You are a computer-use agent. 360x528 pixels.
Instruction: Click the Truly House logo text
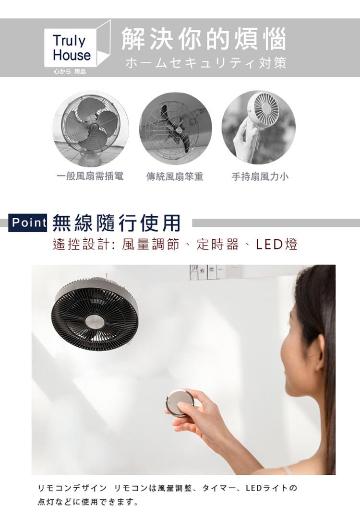tap(72, 48)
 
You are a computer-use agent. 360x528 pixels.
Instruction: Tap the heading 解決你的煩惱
tap(204, 39)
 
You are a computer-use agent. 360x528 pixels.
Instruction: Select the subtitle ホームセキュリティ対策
tap(205, 63)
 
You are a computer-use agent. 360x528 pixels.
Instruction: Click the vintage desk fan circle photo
tap(90, 129)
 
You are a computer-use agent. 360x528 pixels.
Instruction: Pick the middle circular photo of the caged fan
tap(176, 129)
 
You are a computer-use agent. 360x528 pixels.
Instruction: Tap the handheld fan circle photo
tap(259, 128)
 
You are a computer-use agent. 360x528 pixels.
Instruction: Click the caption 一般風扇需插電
tap(90, 176)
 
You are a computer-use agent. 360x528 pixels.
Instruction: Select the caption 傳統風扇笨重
tap(175, 176)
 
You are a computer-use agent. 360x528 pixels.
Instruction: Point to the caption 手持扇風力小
tap(260, 176)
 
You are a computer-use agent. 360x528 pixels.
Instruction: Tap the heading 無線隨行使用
tap(117, 223)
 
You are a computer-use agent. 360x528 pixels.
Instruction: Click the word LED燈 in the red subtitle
tap(276, 244)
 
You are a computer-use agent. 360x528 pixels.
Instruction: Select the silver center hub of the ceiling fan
tap(95, 321)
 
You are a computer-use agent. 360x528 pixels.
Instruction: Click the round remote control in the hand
tap(180, 403)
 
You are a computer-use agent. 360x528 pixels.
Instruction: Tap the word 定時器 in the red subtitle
tap(218, 244)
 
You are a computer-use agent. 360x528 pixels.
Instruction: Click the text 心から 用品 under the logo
tap(70, 71)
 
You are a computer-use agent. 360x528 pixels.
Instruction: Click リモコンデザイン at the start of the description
tap(72, 488)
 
